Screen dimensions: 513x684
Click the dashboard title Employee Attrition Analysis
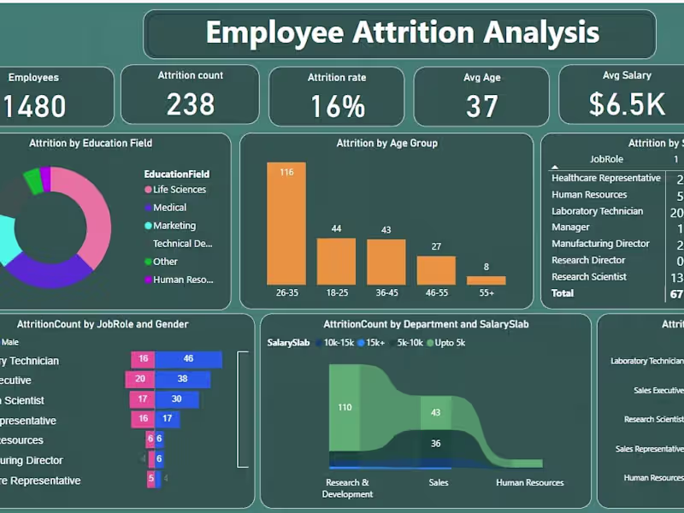pos(402,32)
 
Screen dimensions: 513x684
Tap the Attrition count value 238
pos(190,103)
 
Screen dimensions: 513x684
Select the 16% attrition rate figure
pos(337,106)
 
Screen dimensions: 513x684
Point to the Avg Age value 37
pos(482,106)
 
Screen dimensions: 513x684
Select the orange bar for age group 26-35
pos(286,223)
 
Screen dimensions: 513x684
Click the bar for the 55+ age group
pos(486,280)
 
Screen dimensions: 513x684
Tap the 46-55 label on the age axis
pos(436,293)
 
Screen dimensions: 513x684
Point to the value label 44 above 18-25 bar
pos(336,229)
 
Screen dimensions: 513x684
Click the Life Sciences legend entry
pos(179,190)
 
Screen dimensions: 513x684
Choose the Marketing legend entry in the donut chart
pos(174,226)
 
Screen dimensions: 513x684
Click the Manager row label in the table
pos(570,227)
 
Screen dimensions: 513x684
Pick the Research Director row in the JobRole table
pos(588,260)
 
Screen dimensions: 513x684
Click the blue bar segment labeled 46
pos(188,360)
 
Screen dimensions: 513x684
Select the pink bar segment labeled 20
pos(140,380)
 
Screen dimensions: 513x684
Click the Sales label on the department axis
pos(439,482)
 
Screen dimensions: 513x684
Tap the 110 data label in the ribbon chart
pos(345,408)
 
